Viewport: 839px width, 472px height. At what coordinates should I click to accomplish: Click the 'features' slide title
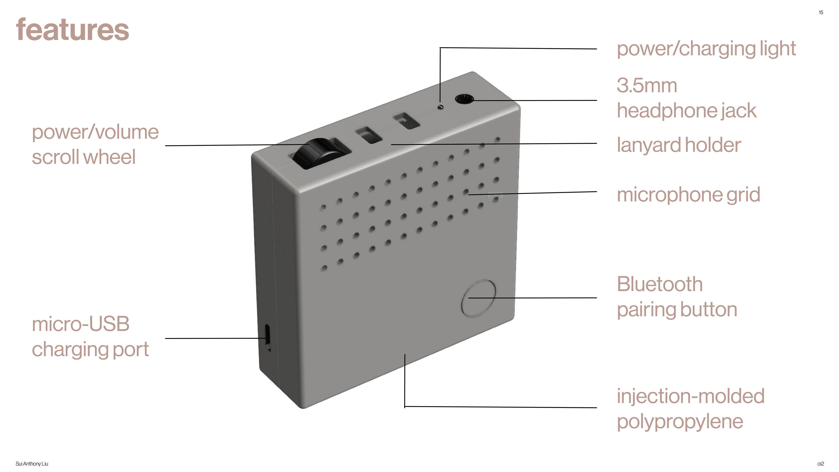pyautogui.click(x=72, y=30)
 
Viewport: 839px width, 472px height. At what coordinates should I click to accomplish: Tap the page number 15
pyautogui.click(x=821, y=12)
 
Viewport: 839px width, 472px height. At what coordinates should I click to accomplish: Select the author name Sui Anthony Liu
pyautogui.click(x=32, y=463)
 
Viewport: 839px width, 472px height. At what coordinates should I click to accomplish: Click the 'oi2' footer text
pyautogui.click(x=820, y=463)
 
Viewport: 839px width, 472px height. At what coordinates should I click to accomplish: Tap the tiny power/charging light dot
pyautogui.click(x=441, y=107)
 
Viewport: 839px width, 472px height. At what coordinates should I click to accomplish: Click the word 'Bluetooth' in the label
pyautogui.click(x=660, y=284)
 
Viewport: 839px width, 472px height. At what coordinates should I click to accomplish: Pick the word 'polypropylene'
pyautogui.click(x=680, y=422)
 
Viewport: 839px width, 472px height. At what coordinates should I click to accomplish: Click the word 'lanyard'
pyautogui.click(x=649, y=145)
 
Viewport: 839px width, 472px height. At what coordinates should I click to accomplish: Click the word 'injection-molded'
pyautogui.click(x=690, y=396)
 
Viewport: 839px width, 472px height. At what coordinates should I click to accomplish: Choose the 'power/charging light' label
pyautogui.click(x=706, y=49)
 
